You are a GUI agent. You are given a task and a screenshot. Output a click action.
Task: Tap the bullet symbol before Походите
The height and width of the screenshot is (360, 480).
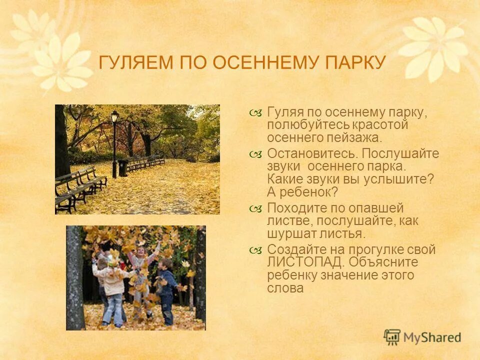[x=255, y=208]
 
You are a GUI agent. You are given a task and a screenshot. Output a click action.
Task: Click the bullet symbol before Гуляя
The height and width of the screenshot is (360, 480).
[x=255, y=112]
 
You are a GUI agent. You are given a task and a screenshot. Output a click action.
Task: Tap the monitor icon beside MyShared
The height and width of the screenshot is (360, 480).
[x=392, y=337]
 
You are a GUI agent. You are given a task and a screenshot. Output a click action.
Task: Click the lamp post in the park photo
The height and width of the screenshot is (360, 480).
[x=114, y=142]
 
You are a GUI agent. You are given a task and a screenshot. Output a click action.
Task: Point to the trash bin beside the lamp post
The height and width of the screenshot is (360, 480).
[x=122, y=168]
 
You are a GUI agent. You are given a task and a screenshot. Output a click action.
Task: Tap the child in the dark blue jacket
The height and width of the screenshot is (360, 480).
[x=166, y=290]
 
